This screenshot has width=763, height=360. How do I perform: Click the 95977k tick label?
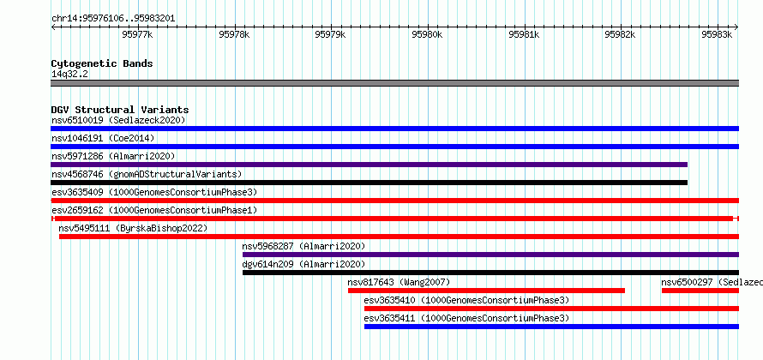138,34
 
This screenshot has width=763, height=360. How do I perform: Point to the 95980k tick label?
427,34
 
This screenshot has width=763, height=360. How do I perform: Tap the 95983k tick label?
717,34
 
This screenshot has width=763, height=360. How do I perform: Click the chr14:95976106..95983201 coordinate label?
113,19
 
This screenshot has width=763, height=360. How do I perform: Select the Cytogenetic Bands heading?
102,63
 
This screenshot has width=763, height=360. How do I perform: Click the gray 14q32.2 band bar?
395,83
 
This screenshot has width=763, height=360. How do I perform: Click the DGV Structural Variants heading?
120,110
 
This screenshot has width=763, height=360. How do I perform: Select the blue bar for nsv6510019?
395,129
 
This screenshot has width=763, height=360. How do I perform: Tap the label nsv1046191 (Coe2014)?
103,138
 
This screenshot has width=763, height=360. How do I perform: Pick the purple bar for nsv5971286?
369,165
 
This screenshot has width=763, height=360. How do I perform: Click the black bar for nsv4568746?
369,183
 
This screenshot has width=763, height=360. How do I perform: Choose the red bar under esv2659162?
395,219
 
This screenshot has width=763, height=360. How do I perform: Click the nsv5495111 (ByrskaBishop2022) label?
133,228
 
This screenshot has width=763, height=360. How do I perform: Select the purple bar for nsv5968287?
491,255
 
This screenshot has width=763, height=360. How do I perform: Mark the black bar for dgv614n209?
491,273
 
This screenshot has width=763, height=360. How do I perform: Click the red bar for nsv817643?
487,291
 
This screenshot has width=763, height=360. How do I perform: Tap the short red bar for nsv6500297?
700,291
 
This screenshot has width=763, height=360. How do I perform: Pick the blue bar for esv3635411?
552,327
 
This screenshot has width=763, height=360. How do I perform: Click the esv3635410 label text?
466,300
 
